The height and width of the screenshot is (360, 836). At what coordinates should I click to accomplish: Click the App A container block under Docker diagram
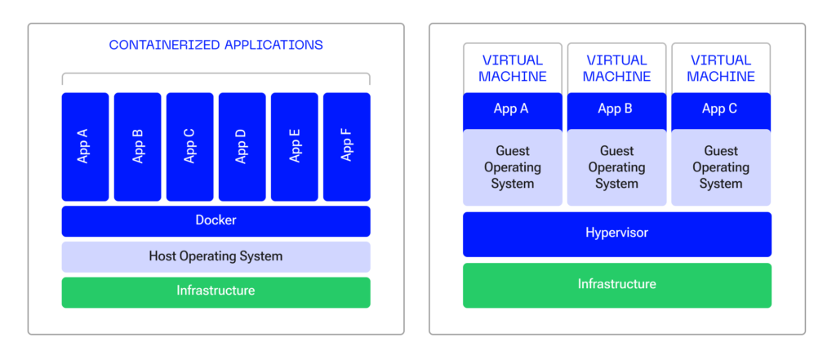tap(85, 147)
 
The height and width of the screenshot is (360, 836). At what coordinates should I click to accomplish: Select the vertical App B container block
tap(137, 147)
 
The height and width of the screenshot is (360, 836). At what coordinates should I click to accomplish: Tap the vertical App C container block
tap(189, 147)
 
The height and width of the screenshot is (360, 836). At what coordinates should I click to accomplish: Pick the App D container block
tap(242, 147)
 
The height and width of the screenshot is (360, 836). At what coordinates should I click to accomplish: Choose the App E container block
tap(294, 147)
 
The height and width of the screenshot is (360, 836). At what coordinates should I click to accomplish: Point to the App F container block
tap(346, 147)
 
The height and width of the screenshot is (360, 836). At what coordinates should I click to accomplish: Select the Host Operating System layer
tap(216, 256)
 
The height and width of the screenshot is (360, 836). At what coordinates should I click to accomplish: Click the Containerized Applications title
tap(216, 45)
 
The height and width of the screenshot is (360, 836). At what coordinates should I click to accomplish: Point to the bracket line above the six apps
tap(216, 73)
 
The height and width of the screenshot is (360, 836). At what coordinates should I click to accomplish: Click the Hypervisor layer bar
tap(617, 234)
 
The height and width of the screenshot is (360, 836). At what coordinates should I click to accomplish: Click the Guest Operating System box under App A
tap(513, 167)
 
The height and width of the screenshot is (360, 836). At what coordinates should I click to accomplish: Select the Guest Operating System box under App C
tap(721, 167)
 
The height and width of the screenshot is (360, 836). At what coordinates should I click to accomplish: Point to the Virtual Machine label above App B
tap(617, 69)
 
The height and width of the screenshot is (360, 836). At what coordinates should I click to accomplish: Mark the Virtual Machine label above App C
tap(721, 69)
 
